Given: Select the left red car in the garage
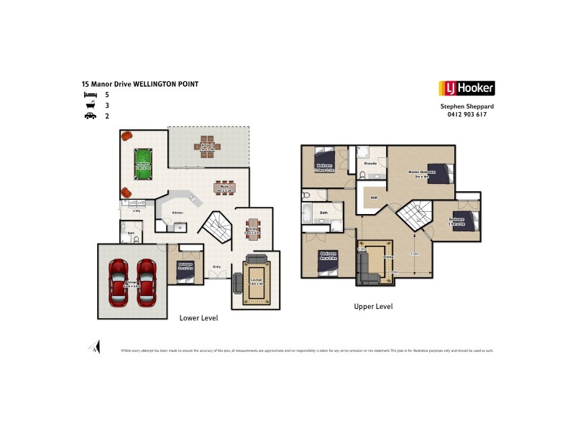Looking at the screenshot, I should coord(119,281).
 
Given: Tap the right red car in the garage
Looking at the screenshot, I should coord(147,281).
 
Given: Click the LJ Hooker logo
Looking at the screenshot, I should coord(466,88).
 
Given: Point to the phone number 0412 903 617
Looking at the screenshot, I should coord(467,114).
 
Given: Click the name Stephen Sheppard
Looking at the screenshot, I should coord(467,106).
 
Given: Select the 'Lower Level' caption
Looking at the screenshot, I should coord(198,318).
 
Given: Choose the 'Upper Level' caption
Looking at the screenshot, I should coord(373,306).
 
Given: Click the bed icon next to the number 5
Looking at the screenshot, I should coord(90,94).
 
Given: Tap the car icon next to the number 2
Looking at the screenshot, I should coord(90,116).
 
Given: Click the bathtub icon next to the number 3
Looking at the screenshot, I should coord(90,105).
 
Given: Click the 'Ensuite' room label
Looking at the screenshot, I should coord(371,163).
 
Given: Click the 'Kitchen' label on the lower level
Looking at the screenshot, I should coord(178,213).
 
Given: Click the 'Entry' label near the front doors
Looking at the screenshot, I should coord(216,267).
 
